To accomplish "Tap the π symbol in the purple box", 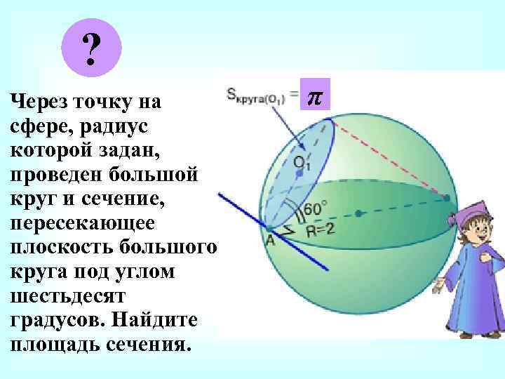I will [x=315, y=95].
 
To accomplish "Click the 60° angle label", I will [x=315, y=209].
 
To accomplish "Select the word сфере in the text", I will [x=37, y=126].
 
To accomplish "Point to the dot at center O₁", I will [x=299, y=173].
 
